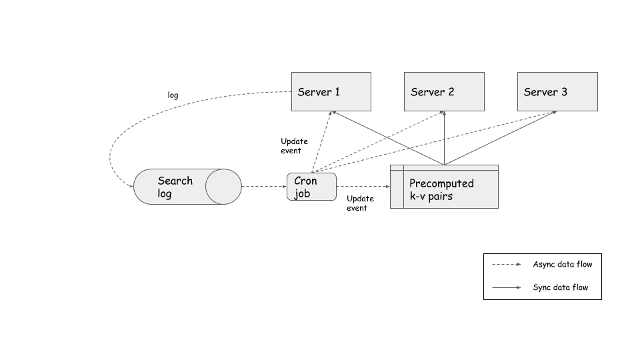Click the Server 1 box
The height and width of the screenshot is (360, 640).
(331, 91)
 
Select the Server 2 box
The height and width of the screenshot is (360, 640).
(444, 91)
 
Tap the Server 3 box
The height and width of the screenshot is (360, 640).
(557, 91)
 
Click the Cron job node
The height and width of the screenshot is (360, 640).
(311, 187)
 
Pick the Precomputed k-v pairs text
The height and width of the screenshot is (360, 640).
(441, 189)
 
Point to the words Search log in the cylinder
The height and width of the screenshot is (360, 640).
(175, 187)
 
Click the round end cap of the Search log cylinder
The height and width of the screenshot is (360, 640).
(224, 187)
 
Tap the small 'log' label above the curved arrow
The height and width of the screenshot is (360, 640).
(173, 95)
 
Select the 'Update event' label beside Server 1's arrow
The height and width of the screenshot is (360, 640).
(294, 146)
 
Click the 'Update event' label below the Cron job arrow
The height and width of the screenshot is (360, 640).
(360, 203)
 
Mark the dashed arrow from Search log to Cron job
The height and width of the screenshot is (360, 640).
(263, 187)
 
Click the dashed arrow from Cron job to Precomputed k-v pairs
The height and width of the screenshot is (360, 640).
(363, 187)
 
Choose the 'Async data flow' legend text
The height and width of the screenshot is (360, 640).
(562, 264)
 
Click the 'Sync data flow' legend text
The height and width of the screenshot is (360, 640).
(560, 288)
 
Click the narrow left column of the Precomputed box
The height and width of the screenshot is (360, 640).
(397, 189)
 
